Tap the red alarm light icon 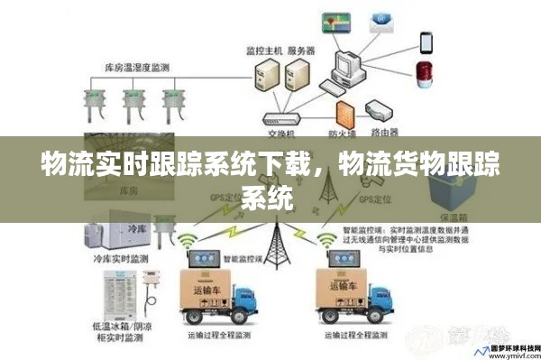point(423,75)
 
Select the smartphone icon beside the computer point(425,42)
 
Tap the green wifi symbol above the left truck point(188,242)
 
